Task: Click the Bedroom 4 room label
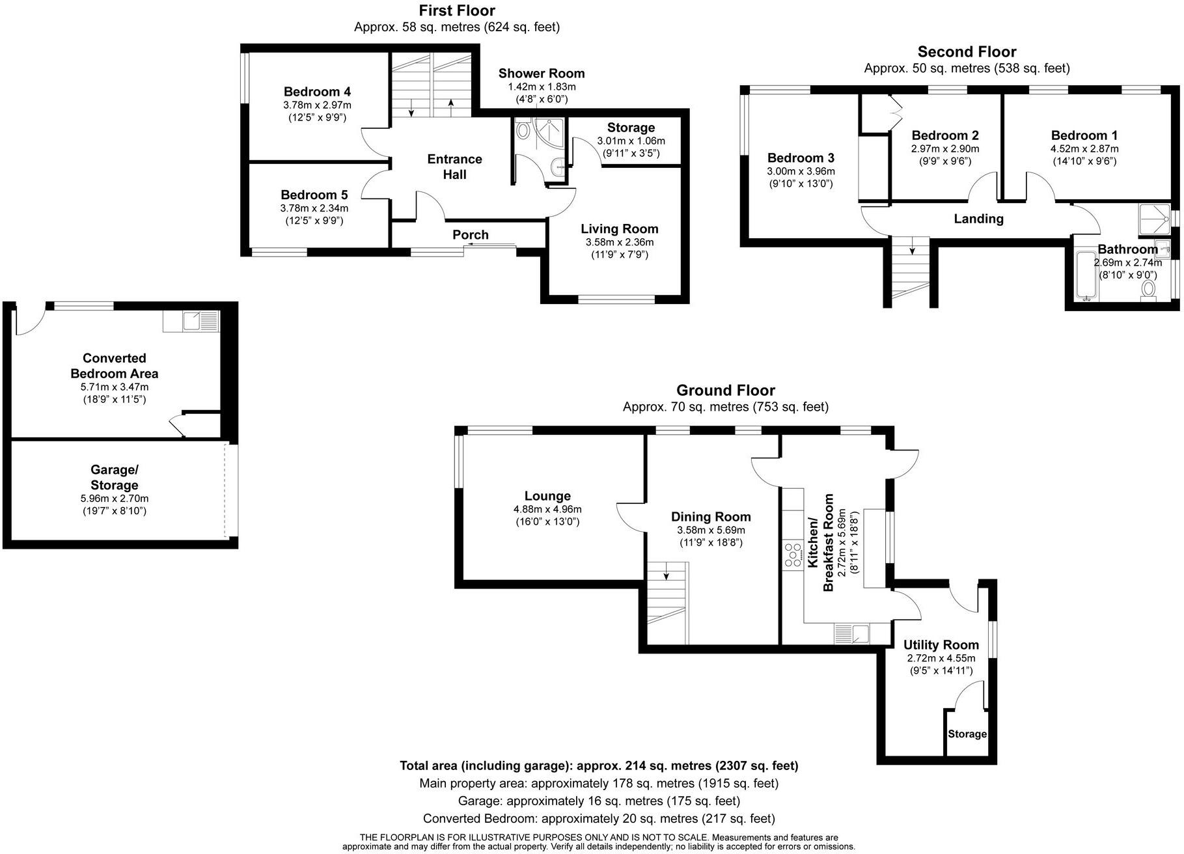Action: point(317,92)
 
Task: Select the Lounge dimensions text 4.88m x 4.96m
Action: point(547,510)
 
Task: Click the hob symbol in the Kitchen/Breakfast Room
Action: point(793,555)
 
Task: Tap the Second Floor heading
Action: point(967,52)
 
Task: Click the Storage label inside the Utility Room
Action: point(967,734)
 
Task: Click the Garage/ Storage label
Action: point(114,477)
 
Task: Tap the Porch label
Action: point(470,235)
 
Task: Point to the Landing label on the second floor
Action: point(978,219)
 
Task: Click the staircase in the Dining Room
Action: point(667,601)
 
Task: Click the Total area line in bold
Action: point(599,766)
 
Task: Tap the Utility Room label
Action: point(941,645)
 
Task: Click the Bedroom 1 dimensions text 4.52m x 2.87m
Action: point(1084,148)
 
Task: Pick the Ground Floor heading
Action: point(726,391)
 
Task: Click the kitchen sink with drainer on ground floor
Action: point(851,633)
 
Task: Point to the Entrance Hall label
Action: point(454,167)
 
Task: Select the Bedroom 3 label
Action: point(801,158)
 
